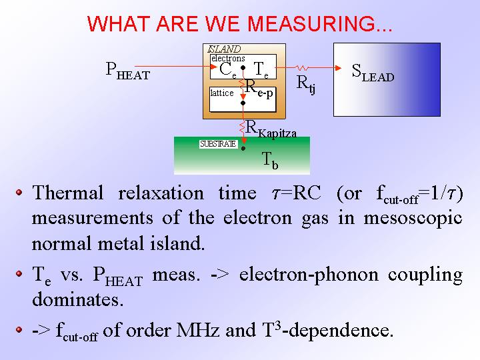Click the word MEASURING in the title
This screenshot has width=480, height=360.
pos(319,24)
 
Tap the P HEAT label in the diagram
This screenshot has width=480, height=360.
pos(127,71)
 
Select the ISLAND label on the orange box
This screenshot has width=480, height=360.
pos(225,49)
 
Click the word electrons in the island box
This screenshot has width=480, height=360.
pos(228,58)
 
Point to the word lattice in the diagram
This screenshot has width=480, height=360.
pos(222,93)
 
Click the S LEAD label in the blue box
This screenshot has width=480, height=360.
pos(373,73)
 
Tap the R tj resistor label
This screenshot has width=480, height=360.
pos(306,85)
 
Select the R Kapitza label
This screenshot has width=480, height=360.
pos(271,129)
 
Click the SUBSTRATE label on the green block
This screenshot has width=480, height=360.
pos(218,144)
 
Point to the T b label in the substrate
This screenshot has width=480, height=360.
pos(271,161)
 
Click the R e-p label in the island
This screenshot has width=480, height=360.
pos(259,89)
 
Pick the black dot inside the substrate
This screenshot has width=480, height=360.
pos(243,149)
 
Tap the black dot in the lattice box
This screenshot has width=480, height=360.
pos(243,103)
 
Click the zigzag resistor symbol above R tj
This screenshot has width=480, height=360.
pos(301,67)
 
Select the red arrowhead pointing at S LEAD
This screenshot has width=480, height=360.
pos(338,67)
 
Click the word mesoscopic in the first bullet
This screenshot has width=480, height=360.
pos(413,219)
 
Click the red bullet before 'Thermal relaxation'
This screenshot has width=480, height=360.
pos(19,193)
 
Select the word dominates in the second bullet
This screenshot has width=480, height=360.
pos(78,299)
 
